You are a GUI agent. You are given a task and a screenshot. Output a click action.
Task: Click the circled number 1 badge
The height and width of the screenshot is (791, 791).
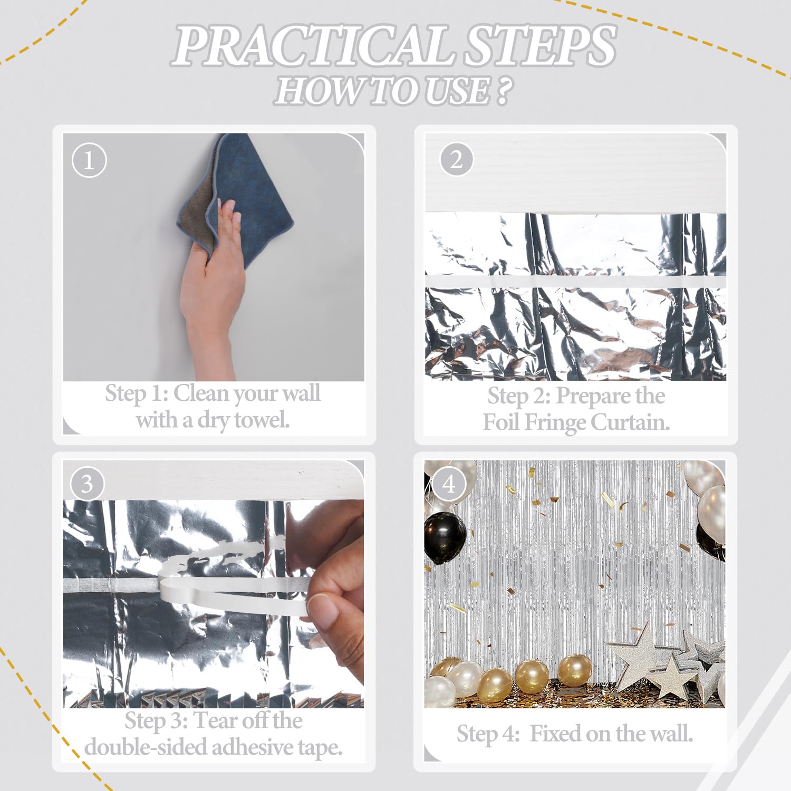pos(89,160)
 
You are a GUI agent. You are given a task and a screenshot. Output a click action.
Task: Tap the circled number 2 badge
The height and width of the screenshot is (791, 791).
pos(456,159)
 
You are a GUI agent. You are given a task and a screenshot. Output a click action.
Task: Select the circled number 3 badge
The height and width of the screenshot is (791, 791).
pos(87,484)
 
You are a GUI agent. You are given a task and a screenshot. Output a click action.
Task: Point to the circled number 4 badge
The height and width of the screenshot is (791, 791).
pos(449,484)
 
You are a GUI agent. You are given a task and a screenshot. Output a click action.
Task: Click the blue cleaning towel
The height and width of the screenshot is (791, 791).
pos(253,195)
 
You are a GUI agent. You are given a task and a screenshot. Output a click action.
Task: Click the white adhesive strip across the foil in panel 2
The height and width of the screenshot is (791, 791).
pos(575,281)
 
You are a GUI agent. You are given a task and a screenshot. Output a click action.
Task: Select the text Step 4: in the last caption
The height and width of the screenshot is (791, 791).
pos(488,734)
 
